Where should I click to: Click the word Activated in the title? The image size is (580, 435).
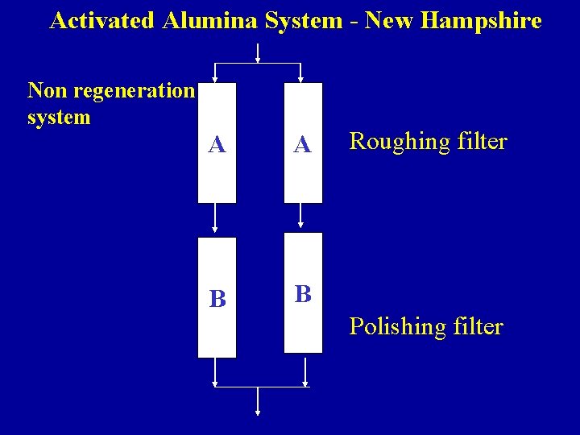[102, 21]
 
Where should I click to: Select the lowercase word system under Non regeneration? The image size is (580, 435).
[59, 118]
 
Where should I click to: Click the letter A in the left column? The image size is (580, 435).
[217, 144]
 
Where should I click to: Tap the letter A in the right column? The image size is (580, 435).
[303, 144]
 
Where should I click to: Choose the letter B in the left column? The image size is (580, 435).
[217, 299]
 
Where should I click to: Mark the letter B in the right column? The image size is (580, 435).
[303, 293]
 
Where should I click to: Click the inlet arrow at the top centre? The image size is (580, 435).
[258, 53]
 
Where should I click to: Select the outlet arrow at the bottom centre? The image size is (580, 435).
[258, 402]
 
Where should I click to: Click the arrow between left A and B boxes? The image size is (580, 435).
[215, 218]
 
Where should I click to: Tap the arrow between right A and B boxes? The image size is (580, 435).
[301, 216]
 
